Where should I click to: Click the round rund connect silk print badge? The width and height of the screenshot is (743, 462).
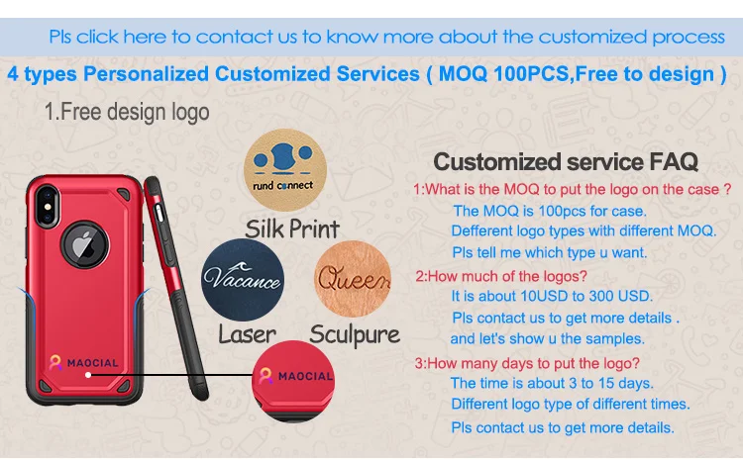[x=284, y=169]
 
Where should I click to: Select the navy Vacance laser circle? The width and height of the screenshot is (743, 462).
[x=243, y=279]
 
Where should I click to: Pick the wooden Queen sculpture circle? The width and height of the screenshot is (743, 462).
[x=353, y=279]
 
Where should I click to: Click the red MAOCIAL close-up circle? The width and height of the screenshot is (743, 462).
[x=293, y=381]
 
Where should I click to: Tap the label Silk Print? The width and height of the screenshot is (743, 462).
[x=292, y=230]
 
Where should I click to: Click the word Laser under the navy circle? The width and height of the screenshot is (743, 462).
[x=247, y=334]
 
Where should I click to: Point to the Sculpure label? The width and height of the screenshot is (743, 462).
[x=355, y=335]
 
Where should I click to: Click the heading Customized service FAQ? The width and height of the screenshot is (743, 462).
[x=566, y=162]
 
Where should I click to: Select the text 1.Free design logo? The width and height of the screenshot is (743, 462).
[x=127, y=112]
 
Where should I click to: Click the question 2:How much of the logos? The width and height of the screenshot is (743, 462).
[x=501, y=276]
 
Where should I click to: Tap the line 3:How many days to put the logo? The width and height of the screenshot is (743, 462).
[x=527, y=363]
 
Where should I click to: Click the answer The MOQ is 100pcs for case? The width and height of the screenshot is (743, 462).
[x=550, y=211]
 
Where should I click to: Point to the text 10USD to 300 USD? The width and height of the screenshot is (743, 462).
[x=586, y=297]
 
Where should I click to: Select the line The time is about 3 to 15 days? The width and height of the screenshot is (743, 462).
[x=552, y=383]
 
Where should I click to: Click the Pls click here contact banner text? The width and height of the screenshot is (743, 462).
[x=386, y=37]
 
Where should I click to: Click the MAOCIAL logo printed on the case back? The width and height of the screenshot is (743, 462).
[x=84, y=363]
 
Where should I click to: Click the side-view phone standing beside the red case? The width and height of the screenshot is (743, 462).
[x=175, y=287]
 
